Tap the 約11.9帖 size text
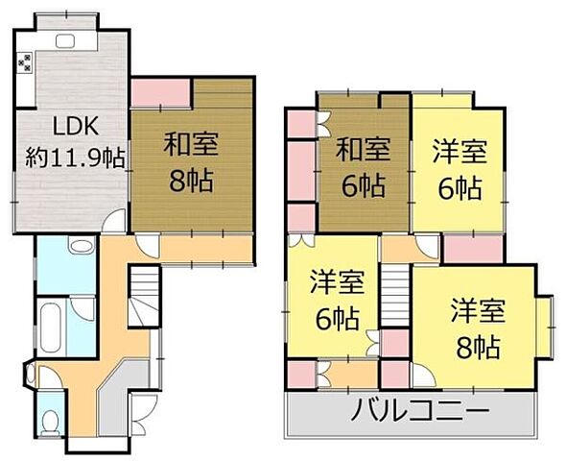coord(75,158)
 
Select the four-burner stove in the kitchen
coord(25,63)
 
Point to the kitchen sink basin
coord(66,40)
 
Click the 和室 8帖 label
coord(192,161)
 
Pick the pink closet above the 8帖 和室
coord(161,92)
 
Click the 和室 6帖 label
coord(364,165)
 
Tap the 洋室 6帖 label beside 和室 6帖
coord(458,165)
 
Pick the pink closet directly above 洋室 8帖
coord(473,247)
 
